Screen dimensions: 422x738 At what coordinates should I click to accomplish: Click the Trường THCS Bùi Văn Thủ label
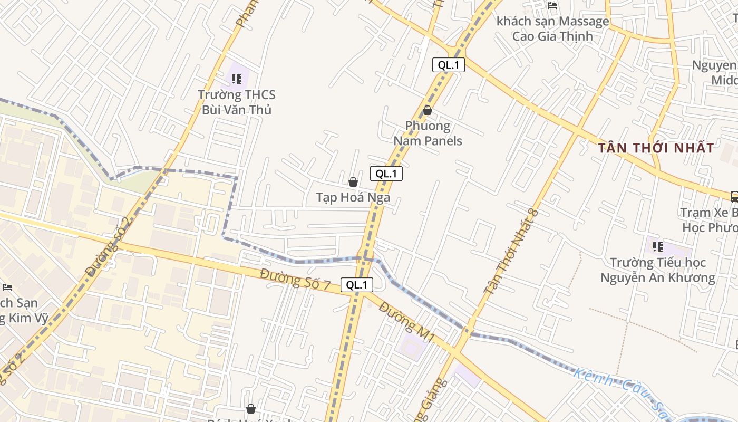pos(237,102)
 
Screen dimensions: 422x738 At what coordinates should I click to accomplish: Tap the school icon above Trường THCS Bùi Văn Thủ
pos(237,79)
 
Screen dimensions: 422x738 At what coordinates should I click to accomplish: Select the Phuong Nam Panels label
pos(428,133)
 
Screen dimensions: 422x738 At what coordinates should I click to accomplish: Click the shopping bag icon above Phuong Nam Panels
pos(428,110)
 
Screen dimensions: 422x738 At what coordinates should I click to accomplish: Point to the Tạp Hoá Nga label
pos(353,197)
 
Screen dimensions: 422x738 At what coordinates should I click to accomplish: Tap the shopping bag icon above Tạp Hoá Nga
pos(353,182)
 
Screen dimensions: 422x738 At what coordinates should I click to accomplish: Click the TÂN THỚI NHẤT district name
pos(656,148)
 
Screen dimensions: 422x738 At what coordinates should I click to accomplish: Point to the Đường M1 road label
pos(406,322)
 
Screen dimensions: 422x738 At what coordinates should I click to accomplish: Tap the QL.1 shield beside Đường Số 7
pos(357,285)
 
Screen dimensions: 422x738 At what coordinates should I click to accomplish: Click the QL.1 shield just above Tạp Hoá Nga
pos(386,174)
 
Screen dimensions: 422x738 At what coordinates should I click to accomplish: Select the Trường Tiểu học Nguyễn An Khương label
pos(658,270)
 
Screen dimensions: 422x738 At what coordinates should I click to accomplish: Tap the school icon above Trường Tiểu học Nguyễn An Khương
pos(657,246)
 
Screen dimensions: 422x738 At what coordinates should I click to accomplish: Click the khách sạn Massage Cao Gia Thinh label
pos(552,29)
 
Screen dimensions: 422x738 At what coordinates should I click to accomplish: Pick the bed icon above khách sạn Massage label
pos(552,6)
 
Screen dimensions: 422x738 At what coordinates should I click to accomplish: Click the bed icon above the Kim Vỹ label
pos(7,287)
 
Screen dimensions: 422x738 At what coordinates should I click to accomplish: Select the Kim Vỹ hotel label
pos(24,311)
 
